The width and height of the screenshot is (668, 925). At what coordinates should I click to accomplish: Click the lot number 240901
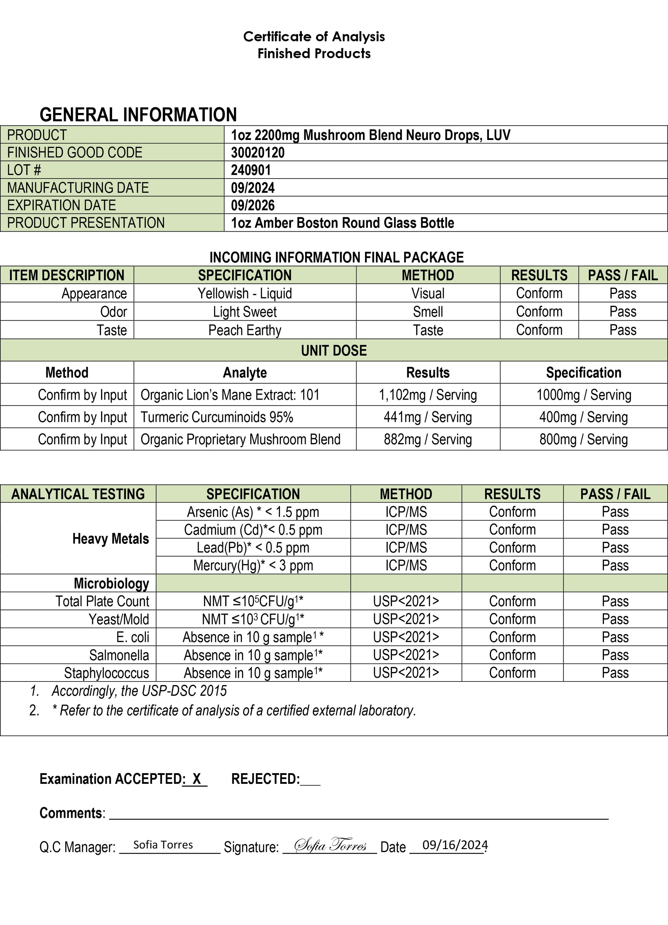251,170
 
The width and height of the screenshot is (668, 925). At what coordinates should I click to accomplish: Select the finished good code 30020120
258,152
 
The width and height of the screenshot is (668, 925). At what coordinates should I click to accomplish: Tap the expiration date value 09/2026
253,205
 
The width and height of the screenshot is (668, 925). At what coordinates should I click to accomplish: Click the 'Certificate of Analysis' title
314,37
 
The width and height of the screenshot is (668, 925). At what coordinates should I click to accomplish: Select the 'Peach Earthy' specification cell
245,330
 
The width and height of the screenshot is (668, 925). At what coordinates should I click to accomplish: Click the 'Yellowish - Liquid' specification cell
245,293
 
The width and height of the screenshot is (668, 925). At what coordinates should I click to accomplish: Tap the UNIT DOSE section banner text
334,350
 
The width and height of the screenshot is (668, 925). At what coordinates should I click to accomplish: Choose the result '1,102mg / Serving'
428,395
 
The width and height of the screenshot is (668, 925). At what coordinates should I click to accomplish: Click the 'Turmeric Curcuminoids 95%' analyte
217,417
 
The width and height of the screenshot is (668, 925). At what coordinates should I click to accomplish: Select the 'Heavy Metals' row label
111,539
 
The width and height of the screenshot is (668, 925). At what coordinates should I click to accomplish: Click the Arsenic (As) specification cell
253,512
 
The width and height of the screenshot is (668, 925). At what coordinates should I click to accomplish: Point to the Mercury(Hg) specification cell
253,565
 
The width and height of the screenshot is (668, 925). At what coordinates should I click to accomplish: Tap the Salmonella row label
119,655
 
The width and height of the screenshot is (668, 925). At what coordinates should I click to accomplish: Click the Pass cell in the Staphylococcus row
615,673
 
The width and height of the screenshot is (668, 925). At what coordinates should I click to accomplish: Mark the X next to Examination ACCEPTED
196,779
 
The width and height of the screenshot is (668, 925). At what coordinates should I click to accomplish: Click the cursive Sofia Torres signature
330,844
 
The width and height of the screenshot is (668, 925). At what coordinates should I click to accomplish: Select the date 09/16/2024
455,845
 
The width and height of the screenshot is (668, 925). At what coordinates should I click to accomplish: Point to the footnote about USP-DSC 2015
139,691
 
